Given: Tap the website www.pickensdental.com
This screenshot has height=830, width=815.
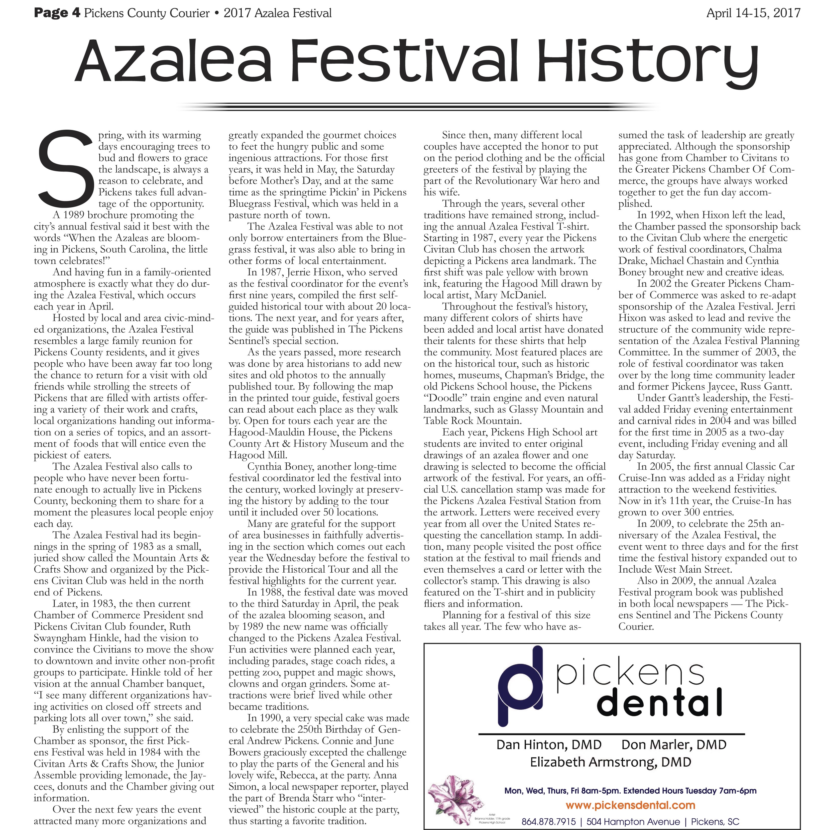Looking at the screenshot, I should tap(630, 805).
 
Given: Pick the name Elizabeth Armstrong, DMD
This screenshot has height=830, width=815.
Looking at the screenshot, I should tap(610, 762).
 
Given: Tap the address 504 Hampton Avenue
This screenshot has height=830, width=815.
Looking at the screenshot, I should tap(633, 822).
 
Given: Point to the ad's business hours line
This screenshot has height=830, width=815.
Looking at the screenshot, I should tap(630, 791).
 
